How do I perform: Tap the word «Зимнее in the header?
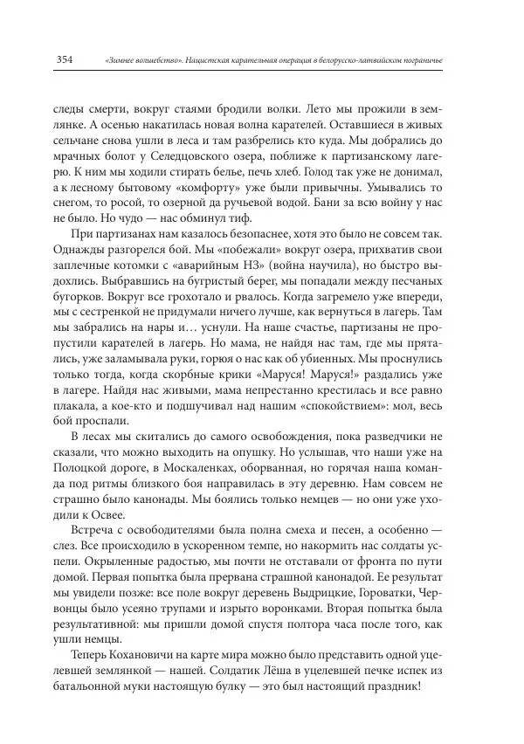120,59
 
